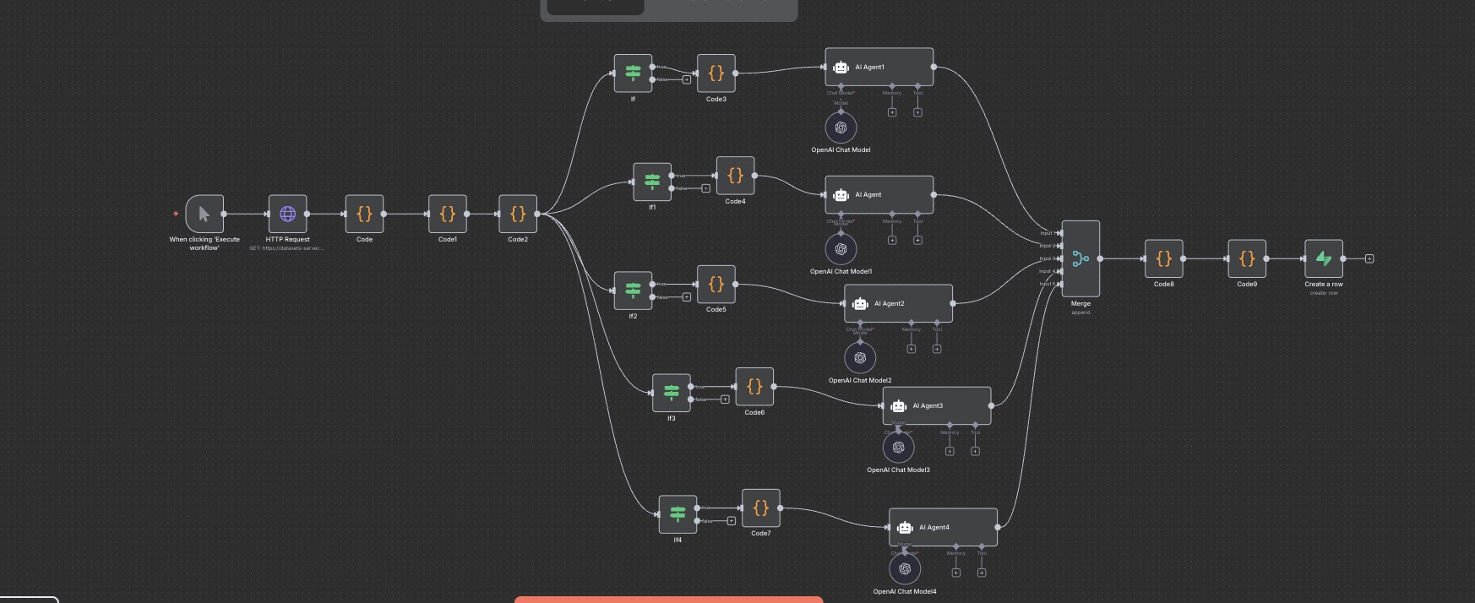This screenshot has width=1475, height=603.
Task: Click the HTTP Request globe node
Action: (287, 214)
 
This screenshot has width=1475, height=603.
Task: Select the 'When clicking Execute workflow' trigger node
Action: (204, 214)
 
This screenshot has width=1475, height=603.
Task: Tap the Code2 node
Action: (517, 214)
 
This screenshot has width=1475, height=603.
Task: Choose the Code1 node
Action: (447, 214)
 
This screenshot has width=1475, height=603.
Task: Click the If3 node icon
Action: (672, 393)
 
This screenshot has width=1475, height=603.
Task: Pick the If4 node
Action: (678, 514)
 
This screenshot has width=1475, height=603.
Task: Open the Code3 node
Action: (716, 73)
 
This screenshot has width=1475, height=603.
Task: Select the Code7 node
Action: (760, 508)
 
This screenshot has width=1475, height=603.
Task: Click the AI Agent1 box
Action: (879, 67)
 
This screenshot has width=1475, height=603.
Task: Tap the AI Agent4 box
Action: (943, 527)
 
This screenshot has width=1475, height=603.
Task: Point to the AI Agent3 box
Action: (936, 405)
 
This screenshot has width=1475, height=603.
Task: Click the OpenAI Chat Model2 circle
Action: (860, 357)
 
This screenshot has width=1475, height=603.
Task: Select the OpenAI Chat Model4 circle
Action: (905, 568)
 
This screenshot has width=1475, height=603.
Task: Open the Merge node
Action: (1080, 258)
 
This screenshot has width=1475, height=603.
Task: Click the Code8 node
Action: (1163, 258)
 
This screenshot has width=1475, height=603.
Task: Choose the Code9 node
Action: (1246, 258)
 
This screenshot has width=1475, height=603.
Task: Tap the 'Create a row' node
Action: (1323, 258)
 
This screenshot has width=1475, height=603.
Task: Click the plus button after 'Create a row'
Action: (1369, 258)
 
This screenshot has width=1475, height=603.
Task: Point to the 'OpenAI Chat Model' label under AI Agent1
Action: (841, 150)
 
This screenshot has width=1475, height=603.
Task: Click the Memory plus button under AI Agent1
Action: (891, 112)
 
